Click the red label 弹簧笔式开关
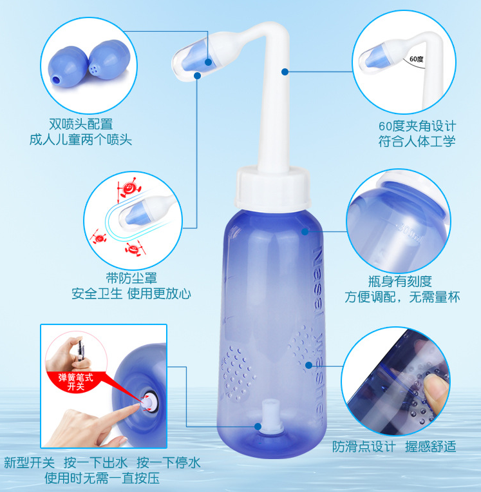pyautogui.click(x=76, y=382)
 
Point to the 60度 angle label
pyautogui.click(x=415, y=59)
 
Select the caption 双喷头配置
pyautogui.click(x=80, y=124)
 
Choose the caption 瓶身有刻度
pyautogui.click(x=400, y=281)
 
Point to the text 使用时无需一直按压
pyautogui.click(x=102, y=478)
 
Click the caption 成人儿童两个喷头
pyautogui.click(x=80, y=139)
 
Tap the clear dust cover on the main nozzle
pyautogui.click(x=194, y=59)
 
